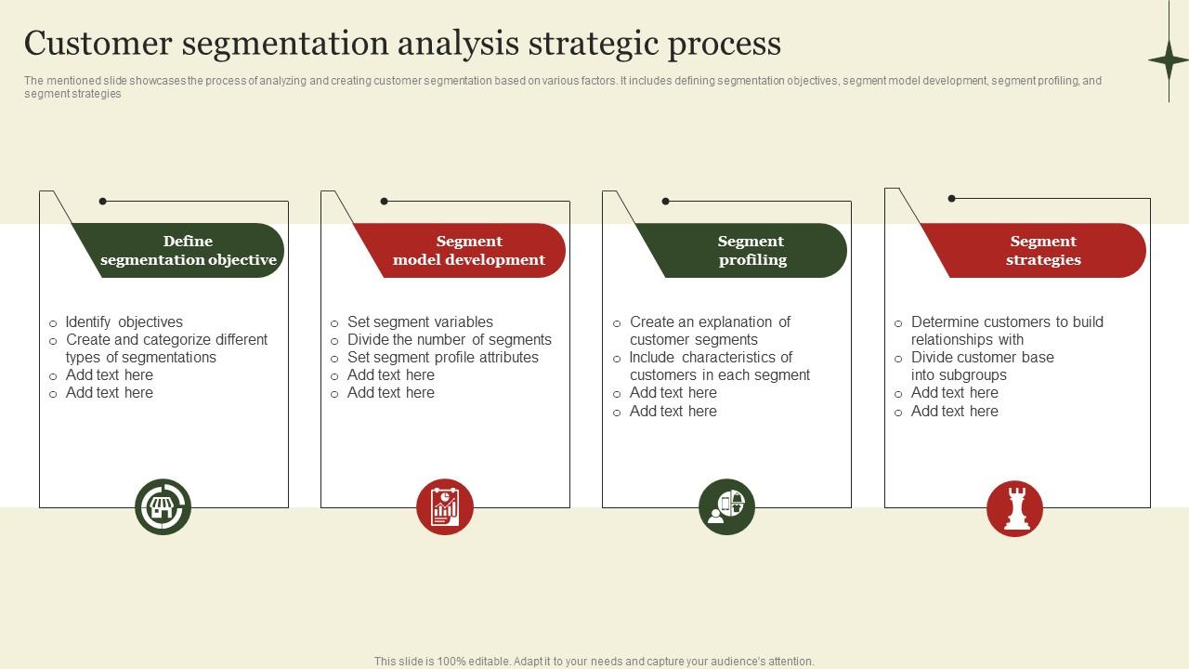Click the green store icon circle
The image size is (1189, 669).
coord(163,507)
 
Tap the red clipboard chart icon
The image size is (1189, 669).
coord(445,507)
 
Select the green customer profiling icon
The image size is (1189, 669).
coord(726,507)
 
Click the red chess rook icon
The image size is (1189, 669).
coord(1014,508)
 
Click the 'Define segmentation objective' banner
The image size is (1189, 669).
coord(188,251)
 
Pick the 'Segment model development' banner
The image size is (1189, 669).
coord(469,251)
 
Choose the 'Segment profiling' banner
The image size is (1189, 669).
coord(751,251)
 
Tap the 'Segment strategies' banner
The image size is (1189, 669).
coord(1043,251)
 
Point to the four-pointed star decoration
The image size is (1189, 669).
coord(1168,60)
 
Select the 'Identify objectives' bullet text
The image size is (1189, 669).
coord(124,322)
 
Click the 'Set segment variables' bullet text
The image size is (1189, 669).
coord(420,322)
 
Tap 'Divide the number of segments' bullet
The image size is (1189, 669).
coord(449,340)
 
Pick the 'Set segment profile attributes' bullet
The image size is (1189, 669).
coord(442,358)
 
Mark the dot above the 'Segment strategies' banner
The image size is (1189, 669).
coord(951,198)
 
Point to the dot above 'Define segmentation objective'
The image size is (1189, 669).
coord(102,201)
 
